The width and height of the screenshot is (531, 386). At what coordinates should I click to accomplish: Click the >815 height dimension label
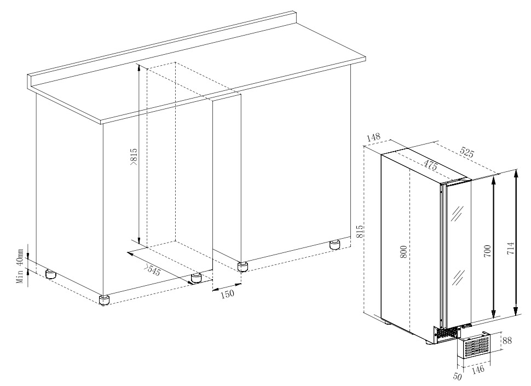(x=133, y=157)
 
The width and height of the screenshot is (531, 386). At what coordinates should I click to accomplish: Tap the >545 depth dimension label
(x=152, y=270)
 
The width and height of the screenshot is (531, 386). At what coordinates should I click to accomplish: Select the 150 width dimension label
(x=227, y=294)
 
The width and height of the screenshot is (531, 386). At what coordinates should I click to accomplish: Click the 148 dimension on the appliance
(x=373, y=137)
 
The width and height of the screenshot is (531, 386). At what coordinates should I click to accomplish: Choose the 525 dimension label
(x=467, y=152)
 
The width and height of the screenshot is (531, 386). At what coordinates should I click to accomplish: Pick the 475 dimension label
(x=430, y=165)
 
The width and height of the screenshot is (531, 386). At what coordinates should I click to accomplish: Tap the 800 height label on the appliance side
(x=403, y=252)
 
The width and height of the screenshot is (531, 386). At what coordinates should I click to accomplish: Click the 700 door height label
(x=487, y=251)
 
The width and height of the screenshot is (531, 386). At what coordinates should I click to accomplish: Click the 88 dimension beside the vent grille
(x=507, y=340)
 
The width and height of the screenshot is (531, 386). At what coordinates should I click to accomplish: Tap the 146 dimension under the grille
(x=478, y=368)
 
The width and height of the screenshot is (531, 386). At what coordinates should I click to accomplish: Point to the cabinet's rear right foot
(x=335, y=245)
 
